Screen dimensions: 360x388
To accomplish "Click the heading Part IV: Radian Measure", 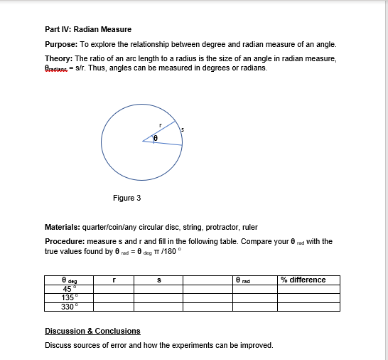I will [x=88, y=29].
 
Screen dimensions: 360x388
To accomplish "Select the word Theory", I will [x=58, y=58].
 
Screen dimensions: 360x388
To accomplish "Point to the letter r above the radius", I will [x=161, y=125].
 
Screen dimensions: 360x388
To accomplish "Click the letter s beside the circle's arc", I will [x=183, y=129].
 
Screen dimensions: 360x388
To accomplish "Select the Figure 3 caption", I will [x=126, y=198].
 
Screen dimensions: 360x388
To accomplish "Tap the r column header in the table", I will [x=114, y=280].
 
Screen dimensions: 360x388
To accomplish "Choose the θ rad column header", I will [x=249, y=280].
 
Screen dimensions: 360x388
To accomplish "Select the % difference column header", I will [x=303, y=280].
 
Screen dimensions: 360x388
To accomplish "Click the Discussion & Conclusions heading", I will [x=92, y=331].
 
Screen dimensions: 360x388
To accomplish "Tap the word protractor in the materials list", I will [x=206, y=228].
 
